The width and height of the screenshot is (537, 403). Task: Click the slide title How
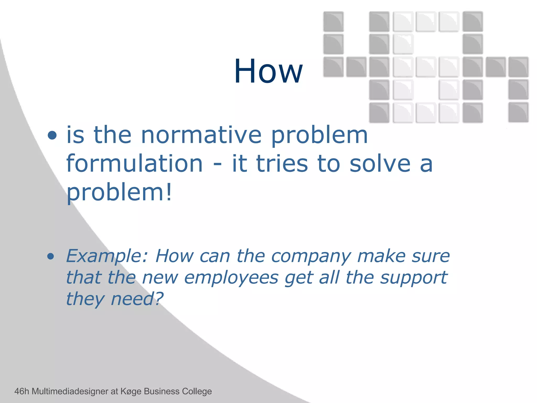click(x=268, y=71)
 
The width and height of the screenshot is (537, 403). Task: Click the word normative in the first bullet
click(x=201, y=135)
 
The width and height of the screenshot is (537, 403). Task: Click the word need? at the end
click(x=137, y=299)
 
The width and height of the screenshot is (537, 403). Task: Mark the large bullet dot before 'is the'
click(x=52, y=135)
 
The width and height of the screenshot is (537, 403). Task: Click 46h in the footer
click(x=22, y=391)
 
